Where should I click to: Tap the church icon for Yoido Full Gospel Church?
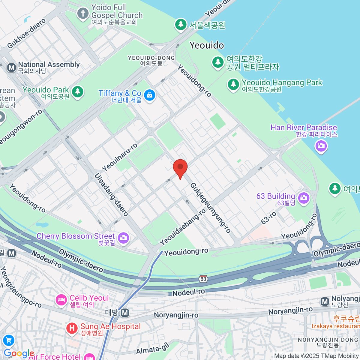coord(83,13)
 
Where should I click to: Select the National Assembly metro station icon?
coord(12,67)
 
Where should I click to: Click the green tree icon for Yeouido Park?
coord(78,91)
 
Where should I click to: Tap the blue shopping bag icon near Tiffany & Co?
coord(149,95)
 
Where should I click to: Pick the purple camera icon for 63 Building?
coord(304,198)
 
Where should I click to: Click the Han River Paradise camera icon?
coord(321,146)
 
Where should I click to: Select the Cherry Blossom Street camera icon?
coord(123,238)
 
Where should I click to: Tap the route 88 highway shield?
coord(203,279)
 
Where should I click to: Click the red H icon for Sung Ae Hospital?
coord(72,328)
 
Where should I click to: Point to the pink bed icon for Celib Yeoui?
coord(61,300)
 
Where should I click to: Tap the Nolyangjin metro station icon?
coord(325,301)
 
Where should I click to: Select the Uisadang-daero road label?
coord(112,194)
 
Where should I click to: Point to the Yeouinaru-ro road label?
coord(119,157)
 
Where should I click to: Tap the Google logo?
coord(19,353)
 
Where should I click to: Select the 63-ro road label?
coord(268,218)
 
